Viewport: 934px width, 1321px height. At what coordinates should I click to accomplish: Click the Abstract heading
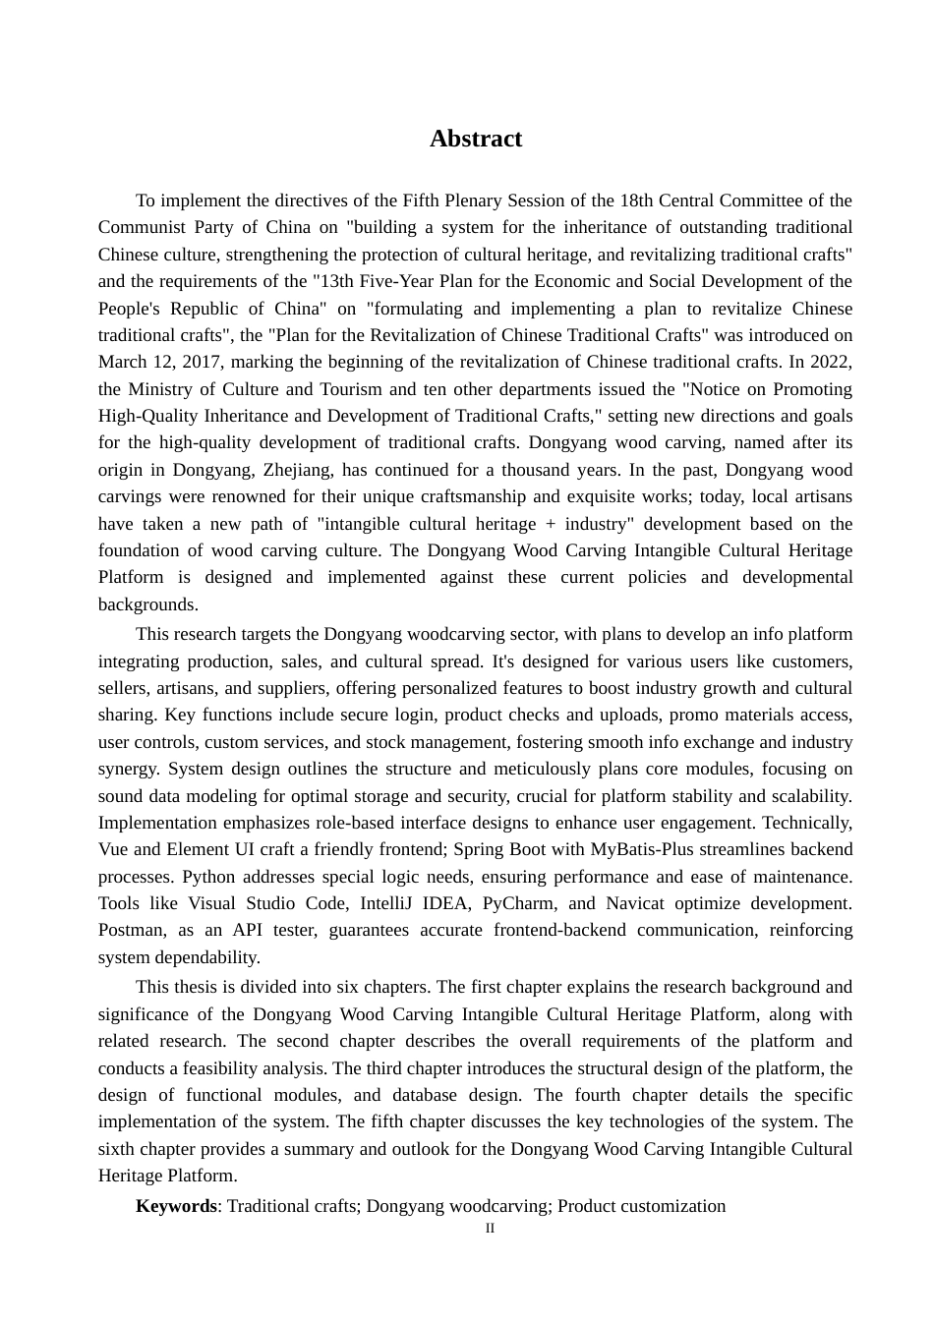click(x=476, y=139)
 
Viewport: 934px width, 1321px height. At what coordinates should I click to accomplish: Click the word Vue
click(x=114, y=849)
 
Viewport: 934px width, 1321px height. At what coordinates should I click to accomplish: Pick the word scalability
click(x=812, y=796)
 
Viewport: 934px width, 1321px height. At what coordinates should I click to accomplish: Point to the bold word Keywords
click(x=176, y=1206)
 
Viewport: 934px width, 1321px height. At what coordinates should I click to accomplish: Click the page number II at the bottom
click(x=490, y=1229)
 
